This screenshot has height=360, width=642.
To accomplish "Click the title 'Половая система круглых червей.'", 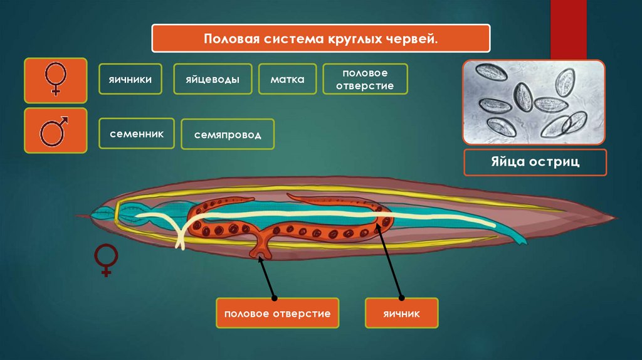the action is pos(320,39).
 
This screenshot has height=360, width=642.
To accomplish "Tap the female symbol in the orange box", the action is pos(55,80).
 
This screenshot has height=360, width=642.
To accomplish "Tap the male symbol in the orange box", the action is pos(55,130).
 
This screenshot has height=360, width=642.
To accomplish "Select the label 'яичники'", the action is pos(130,79).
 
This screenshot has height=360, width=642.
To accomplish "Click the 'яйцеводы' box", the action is pos(213,80).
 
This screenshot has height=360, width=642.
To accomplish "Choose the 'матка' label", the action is pos(288,80).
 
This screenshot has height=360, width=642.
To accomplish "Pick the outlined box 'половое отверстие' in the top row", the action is pos(365,80).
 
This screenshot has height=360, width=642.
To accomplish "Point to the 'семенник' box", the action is pos(136,134).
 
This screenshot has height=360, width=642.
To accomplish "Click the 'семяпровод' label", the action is pos(228,135).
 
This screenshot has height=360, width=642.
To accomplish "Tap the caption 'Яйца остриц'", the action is pos(535,162).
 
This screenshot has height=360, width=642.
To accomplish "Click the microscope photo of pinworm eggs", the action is pos(534,102).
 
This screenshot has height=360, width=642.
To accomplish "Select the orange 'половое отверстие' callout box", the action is pos(277,313).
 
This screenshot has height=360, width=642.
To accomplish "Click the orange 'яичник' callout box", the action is pos(401,313).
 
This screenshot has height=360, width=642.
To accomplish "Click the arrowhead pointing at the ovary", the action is pos(377,227).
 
